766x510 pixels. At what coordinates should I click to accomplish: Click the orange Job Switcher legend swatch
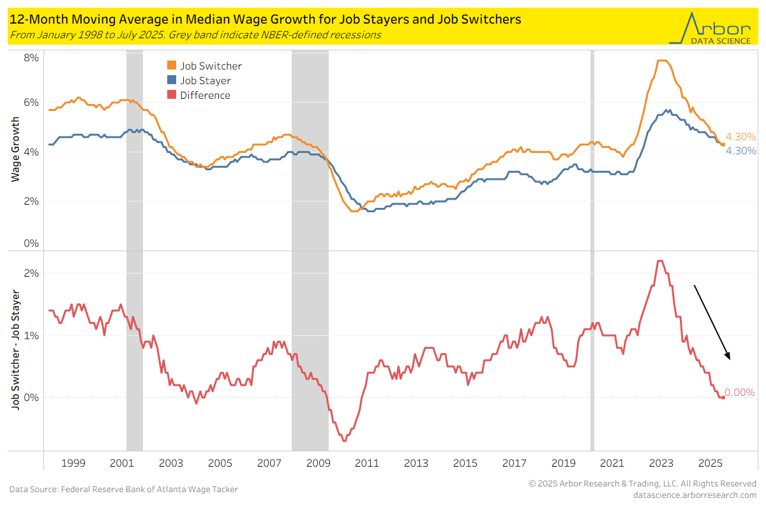click(x=171, y=66)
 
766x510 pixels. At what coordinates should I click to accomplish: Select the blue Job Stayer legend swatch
click(x=171, y=80)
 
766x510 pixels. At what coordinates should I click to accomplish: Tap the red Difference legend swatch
click(x=171, y=95)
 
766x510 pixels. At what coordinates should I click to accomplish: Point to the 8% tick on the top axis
click(x=31, y=57)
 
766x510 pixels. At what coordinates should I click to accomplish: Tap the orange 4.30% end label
click(x=740, y=136)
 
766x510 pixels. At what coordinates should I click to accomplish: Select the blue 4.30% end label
click(x=740, y=151)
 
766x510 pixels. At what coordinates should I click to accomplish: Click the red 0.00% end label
click(x=740, y=393)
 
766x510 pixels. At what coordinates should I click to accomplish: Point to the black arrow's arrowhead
click(x=728, y=358)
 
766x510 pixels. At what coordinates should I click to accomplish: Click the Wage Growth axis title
click(x=15, y=150)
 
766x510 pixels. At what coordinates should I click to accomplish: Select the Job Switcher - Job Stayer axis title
click(x=15, y=351)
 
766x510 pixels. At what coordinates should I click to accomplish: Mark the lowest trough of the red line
click(x=344, y=441)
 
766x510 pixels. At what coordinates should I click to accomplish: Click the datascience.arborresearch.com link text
click(x=694, y=495)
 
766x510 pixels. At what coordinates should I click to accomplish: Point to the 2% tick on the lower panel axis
click(x=31, y=273)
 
